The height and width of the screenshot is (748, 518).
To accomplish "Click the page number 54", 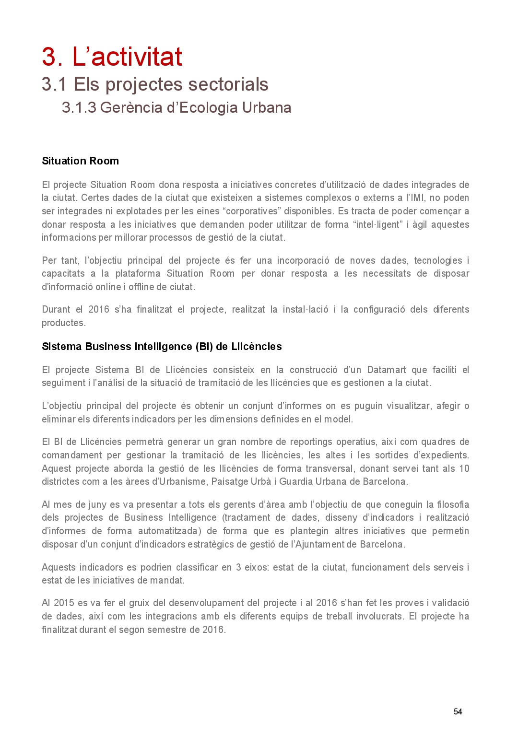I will (x=458, y=712).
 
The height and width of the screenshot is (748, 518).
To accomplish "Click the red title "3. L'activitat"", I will (x=112, y=57).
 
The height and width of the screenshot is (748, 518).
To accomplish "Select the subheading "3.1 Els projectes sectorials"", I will (x=155, y=84).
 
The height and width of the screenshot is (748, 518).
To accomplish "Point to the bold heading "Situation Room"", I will (x=80, y=161).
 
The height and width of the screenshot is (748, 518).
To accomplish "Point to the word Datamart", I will (x=386, y=370).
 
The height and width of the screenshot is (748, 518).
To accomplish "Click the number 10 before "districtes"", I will (x=464, y=468).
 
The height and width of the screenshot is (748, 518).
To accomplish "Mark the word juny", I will (x=97, y=504).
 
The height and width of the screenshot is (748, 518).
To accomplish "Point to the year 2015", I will (x=64, y=603).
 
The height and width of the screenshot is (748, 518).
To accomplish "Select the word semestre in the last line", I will (x=167, y=630).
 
